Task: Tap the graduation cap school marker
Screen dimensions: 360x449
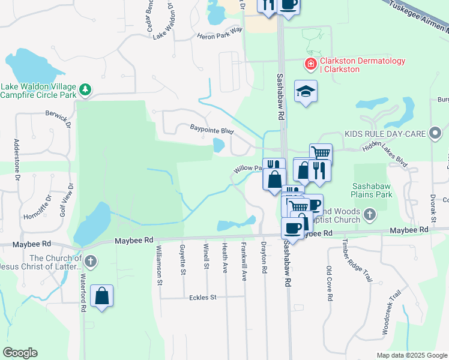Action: [x=306, y=92]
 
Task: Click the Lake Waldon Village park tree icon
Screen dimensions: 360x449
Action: [x=86, y=90]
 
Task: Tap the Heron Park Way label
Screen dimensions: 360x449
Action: [x=220, y=33]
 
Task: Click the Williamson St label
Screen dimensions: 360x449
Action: [x=159, y=264]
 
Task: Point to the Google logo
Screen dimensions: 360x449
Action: [x=20, y=353]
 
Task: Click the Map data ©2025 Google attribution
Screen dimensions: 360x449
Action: [x=412, y=355]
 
